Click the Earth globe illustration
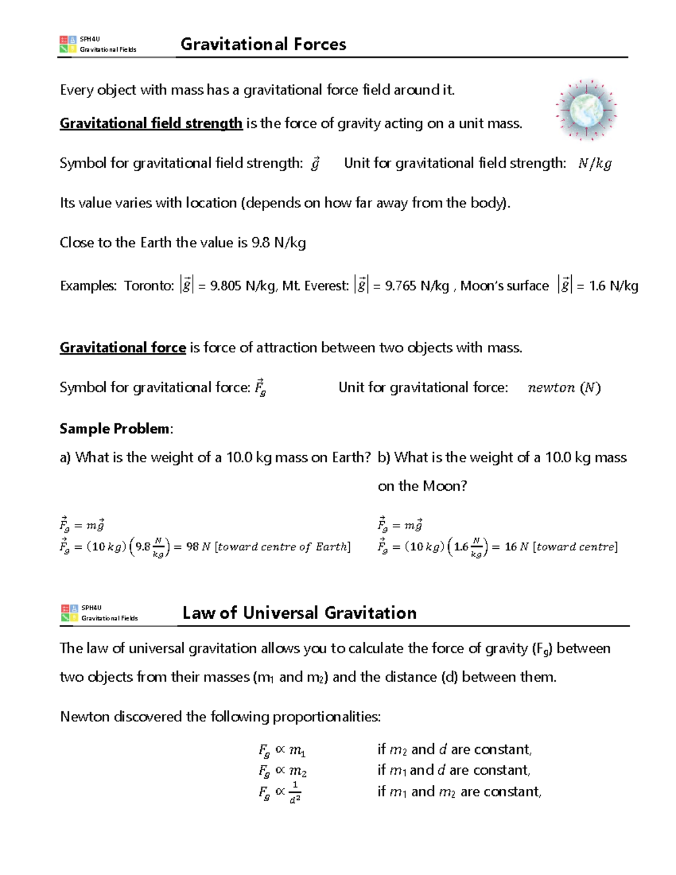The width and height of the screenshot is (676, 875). pyautogui.click(x=586, y=110)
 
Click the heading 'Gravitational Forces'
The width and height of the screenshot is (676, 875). pyautogui.click(x=263, y=45)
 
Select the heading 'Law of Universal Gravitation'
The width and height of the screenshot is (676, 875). pyautogui.click(x=299, y=613)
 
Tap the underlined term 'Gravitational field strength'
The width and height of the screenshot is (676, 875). pyautogui.click(x=151, y=123)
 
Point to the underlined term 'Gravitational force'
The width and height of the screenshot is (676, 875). pyautogui.click(x=123, y=348)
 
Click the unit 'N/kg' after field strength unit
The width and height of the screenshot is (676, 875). pyautogui.click(x=594, y=163)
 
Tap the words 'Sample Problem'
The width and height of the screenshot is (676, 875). pyautogui.click(x=114, y=429)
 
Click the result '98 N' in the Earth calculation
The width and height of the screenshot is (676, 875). pyautogui.click(x=198, y=547)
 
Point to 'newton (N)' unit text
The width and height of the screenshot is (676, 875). pyautogui.click(x=564, y=388)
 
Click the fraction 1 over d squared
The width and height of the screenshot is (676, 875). pyautogui.click(x=295, y=792)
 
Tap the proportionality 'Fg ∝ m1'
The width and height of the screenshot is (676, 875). pyautogui.click(x=282, y=750)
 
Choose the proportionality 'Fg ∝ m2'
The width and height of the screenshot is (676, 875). pyautogui.click(x=282, y=771)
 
